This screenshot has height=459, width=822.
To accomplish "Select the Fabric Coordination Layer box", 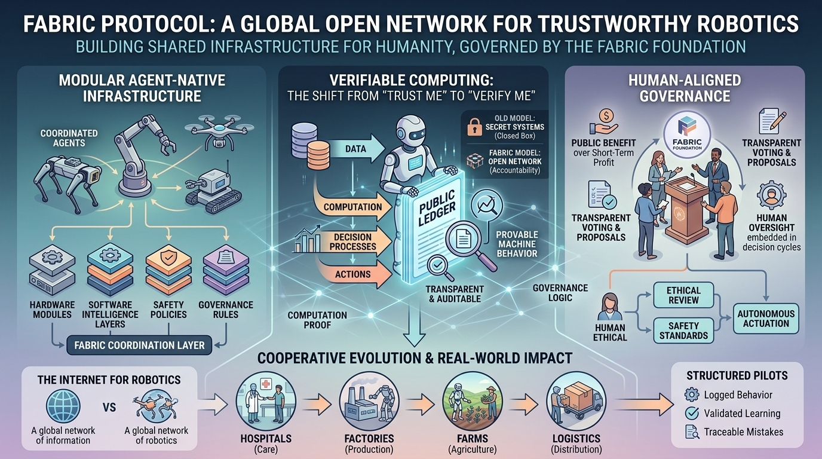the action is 139,345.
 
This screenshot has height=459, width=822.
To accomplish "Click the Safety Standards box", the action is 683,331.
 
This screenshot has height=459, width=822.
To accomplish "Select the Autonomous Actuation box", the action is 766,318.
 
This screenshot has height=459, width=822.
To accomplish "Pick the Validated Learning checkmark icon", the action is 692,413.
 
